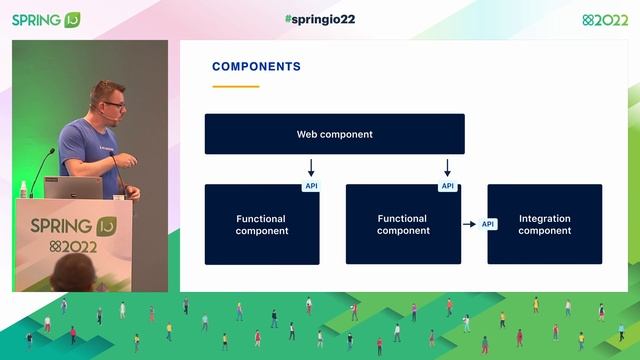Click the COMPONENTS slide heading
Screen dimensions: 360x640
pyautogui.click(x=256, y=67)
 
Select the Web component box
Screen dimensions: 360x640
pyautogui.click(x=334, y=134)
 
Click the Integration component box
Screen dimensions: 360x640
pyautogui.click(x=544, y=224)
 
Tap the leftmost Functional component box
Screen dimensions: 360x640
pyautogui.click(x=261, y=225)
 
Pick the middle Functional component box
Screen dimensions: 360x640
pyautogui.click(x=402, y=225)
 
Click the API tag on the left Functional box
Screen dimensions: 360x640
pyautogui.click(x=310, y=186)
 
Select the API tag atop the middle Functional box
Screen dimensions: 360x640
pyautogui.click(x=447, y=186)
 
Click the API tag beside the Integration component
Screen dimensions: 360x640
pyautogui.click(x=488, y=224)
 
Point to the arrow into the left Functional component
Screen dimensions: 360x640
pyautogui.click(x=311, y=167)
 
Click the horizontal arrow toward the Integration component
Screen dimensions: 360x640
pyautogui.click(x=468, y=224)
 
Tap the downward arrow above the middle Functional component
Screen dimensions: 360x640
pyautogui.click(x=447, y=167)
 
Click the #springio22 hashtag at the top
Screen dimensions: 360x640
pyautogui.click(x=319, y=19)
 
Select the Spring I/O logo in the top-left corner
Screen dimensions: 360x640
pyautogui.click(x=46, y=19)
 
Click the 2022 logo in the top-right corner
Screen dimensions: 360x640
pyautogui.click(x=605, y=19)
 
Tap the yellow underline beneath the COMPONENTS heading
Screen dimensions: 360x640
pyautogui.click(x=235, y=87)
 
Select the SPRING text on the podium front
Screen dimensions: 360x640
pyautogui.click(x=61, y=225)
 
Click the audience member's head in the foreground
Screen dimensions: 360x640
pyautogui.click(x=75, y=272)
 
